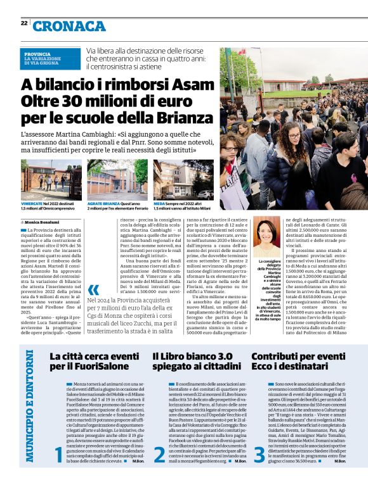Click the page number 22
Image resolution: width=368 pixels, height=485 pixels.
pyautogui.click(x=24, y=23)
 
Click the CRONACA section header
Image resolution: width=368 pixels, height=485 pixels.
pyautogui.click(x=70, y=26)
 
